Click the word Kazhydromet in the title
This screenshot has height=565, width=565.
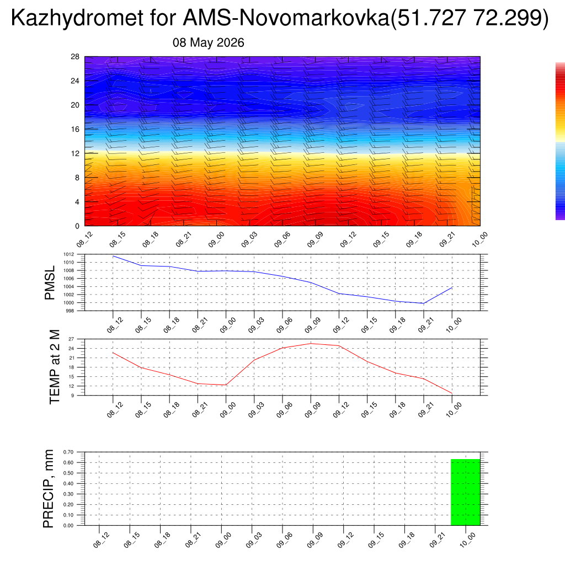pyautogui.click(x=77, y=18)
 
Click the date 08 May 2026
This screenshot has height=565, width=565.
pyautogui.click(x=208, y=42)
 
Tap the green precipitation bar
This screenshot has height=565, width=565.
pyautogui.click(x=466, y=492)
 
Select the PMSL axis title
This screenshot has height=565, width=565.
pyautogui.click(x=50, y=283)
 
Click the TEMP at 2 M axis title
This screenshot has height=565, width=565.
pyautogui.click(x=55, y=367)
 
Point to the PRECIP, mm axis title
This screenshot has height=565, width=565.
pyautogui.click(x=48, y=489)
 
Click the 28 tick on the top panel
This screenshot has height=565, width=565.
pyautogui.click(x=75, y=57)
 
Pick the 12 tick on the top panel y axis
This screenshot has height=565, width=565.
pyautogui.click(x=75, y=153)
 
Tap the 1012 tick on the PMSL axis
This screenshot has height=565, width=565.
pyautogui.click(x=69, y=254)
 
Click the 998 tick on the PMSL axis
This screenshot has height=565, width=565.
pyautogui.click(x=70, y=311)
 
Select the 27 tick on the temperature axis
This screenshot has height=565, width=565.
pyautogui.click(x=71, y=339)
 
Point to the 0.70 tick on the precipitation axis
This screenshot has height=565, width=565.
pyautogui.click(x=68, y=452)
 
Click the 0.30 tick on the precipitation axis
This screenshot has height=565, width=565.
pyautogui.click(x=68, y=494)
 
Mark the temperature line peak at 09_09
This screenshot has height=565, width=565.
pyautogui.click(x=311, y=343)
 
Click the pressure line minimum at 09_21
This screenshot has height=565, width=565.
pyautogui.click(x=424, y=303)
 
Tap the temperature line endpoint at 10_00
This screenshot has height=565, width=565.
pyautogui.click(x=452, y=393)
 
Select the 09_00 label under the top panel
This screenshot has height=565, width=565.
pyautogui.click(x=216, y=239)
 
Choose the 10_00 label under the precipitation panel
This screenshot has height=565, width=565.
pyautogui.click(x=468, y=540)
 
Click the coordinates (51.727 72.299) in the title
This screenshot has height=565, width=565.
pyautogui.click(x=470, y=18)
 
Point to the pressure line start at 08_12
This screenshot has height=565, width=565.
pyautogui.click(x=113, y=256)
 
